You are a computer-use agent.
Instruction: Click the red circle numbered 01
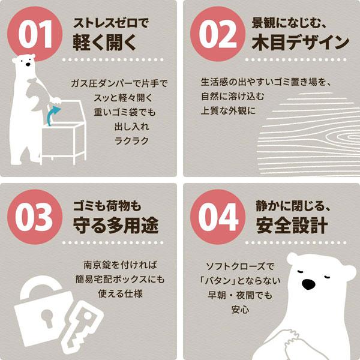coord(35,34)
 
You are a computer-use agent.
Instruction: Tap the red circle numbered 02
coord(218,34)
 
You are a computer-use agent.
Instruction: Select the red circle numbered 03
coord(35,217)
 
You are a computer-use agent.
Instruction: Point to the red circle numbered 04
coord(218,217)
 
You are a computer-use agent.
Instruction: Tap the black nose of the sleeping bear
coord(308,284)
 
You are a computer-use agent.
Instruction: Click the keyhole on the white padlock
coord(47,317)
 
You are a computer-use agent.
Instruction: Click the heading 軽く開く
coord(104,43)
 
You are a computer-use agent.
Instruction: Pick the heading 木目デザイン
coord(301,43)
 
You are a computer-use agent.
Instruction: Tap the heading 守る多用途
coord(116,226)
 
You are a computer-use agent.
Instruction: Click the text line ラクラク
coord(132,141)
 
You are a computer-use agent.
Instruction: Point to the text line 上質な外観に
coord(228,111)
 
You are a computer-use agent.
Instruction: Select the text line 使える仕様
coord(121,293)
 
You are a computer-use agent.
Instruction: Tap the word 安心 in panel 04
coord(241,310)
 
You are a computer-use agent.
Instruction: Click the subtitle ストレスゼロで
coord(111,23)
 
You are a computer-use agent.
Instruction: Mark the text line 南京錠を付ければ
coord(121,265)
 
